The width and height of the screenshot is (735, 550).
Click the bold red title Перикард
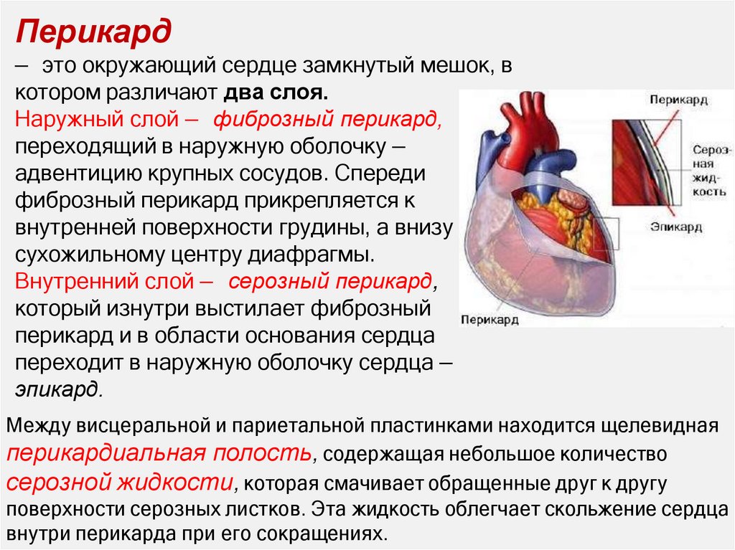[94, 33]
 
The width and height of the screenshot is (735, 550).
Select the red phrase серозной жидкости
[120, 480]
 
